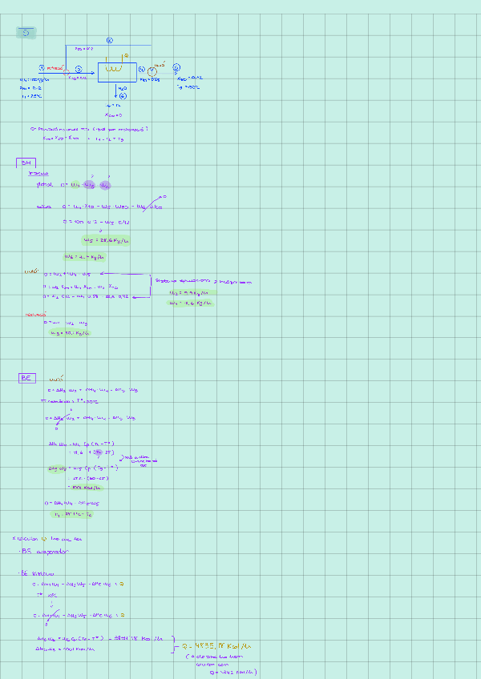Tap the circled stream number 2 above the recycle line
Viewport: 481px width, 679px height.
tap(110, 40)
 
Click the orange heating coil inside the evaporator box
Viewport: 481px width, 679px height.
tap(115, 70)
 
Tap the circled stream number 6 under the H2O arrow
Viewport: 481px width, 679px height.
tap(123, 96)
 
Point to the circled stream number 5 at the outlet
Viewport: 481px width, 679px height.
tap(176, 67)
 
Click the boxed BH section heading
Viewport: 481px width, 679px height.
tap(25, 163)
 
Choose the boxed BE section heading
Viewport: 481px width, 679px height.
tap(26, 378)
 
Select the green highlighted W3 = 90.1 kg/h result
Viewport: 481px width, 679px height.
tap(69, 332)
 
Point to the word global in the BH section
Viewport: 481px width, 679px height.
tap(45, 184)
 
